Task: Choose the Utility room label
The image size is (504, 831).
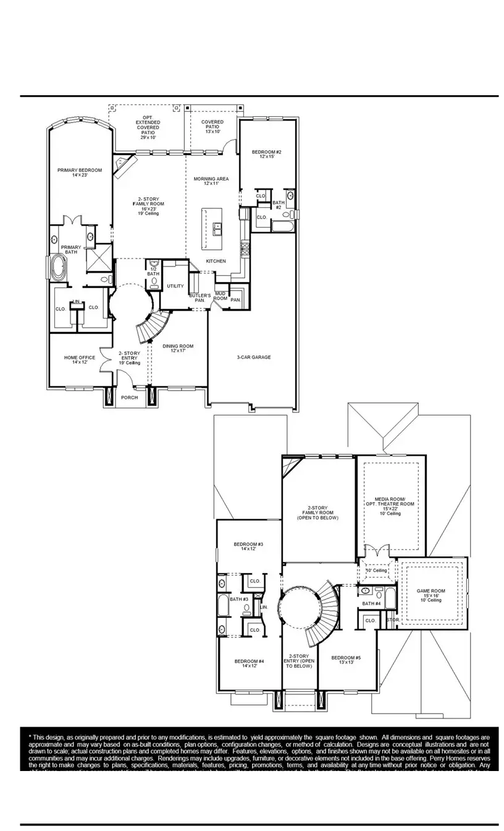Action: [175, 286]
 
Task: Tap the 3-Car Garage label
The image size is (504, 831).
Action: [254, 357]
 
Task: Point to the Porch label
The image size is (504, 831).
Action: [129, 398]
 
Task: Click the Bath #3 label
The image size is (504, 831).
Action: [239, 599]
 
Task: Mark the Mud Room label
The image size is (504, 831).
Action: [220, 296]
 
